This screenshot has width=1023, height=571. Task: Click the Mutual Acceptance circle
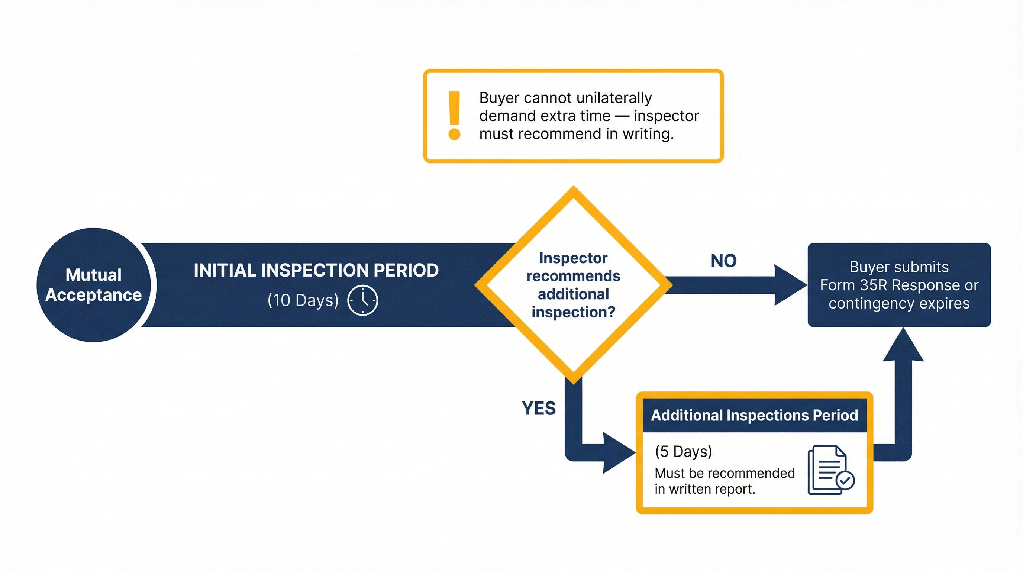[x=94, y=285]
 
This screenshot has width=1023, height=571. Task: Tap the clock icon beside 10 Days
[x=362, y=300]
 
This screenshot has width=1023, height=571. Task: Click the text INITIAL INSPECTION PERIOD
[x=316, y=270]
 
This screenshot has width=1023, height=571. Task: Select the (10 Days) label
[x=303, y=300]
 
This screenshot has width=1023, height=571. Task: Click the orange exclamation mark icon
[x=454, y=116]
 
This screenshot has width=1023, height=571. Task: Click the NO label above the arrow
[x=723, y=261]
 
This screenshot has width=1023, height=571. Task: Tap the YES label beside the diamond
[x=539, y=408]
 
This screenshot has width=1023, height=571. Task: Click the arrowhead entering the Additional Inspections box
[x=617, y=453]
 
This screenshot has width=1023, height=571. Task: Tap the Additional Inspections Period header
[x=754, y=415]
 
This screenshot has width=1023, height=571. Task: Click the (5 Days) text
[x=684, y=451]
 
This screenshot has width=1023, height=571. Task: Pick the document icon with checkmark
[x=830, y=471]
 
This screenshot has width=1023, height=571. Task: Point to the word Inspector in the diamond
[x=573, y=258]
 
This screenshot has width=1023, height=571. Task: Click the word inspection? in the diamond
[x=573, y=313]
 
